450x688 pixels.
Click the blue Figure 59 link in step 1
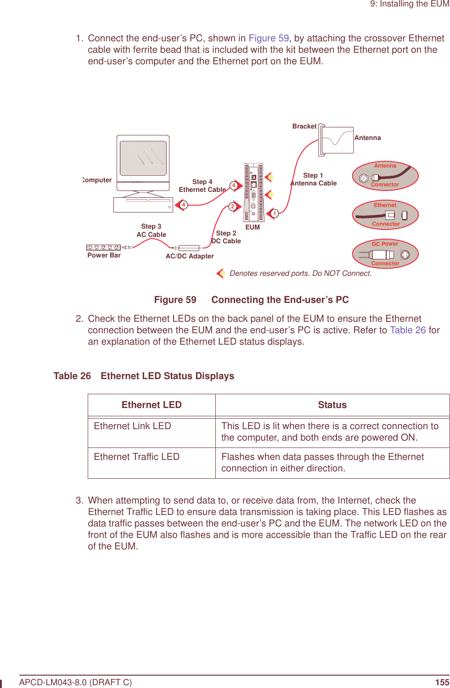click(x=269, y=39)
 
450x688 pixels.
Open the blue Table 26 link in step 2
click(x=408, y=330)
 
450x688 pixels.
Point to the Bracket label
click(x=304, y=126)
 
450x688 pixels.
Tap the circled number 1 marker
click(x=275, y=213)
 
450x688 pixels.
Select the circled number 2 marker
click(x=233, y=207)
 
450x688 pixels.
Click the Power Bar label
click(x=104, y=255)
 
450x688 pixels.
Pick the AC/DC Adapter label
click(x=190, y=256)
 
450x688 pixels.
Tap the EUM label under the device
click(x=253, y=227)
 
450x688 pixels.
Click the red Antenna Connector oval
click(x=385, y=176)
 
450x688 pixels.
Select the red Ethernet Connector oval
click(x=385, y=215)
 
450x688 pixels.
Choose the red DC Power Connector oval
click(x=385, y=254)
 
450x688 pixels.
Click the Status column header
click(x=332, y=405)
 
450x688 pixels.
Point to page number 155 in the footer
click(x=442, y=682)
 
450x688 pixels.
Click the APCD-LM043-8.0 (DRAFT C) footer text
click(x=76, y=682)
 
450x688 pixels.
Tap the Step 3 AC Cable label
click(x=152, y=230)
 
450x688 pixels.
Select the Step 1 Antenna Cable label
click(x=314, y=179)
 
